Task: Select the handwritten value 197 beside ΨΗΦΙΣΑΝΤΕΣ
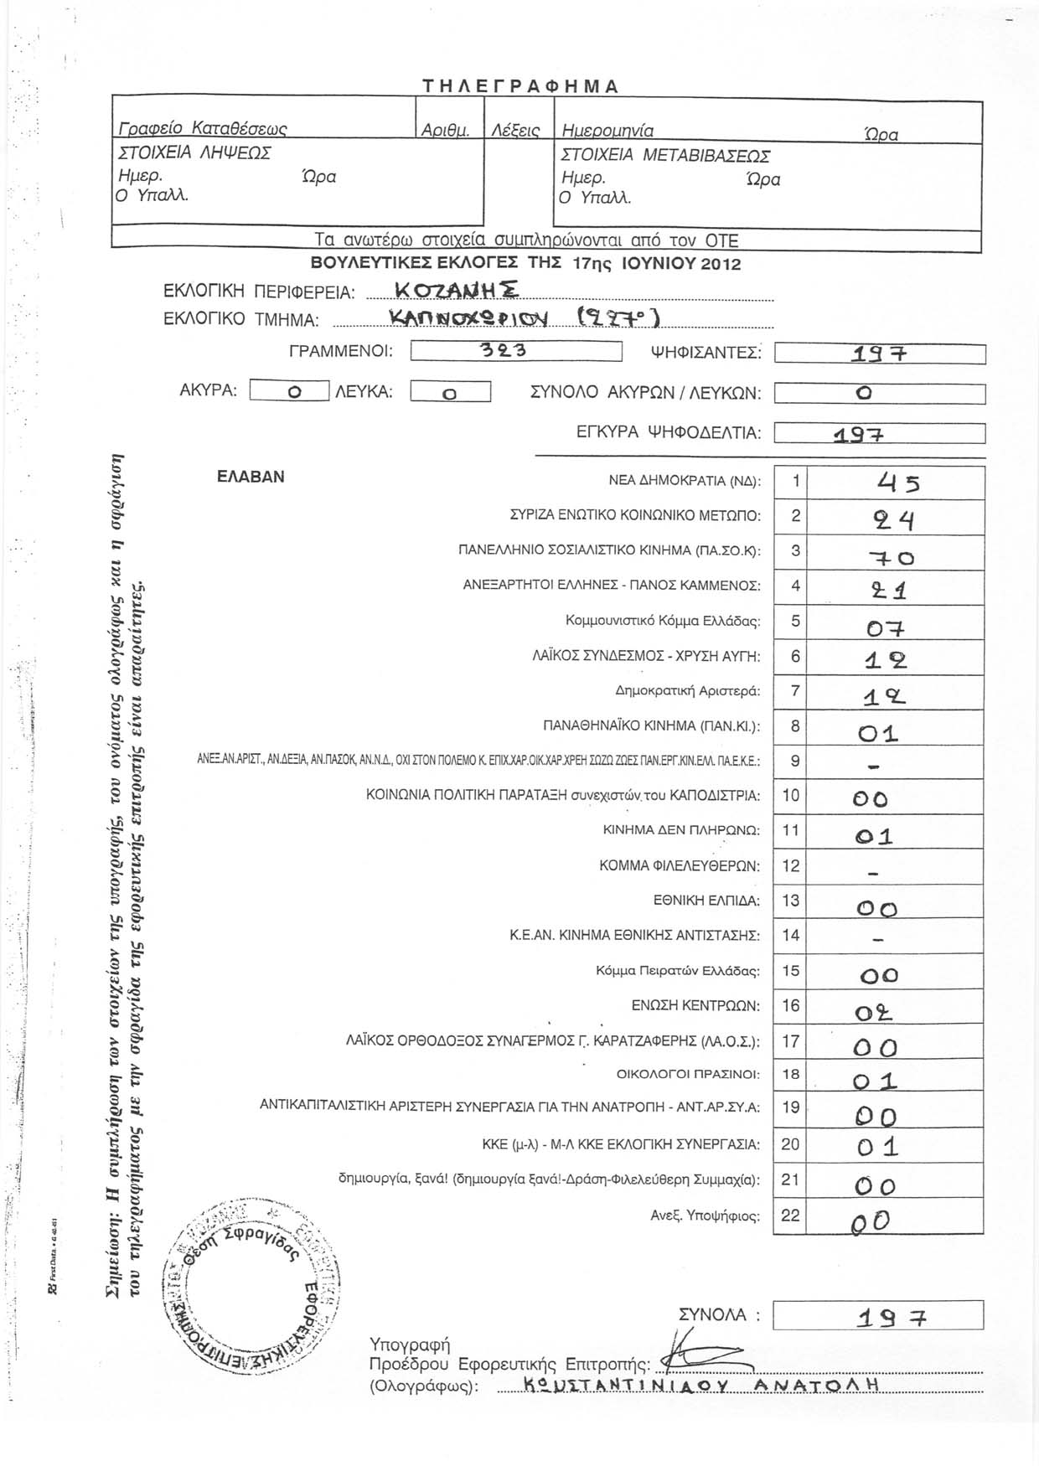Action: (879, 354)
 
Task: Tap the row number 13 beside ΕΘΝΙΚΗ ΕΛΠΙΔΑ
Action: (790, 901)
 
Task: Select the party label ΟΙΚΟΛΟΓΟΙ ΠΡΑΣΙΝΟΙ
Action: (688, 1074)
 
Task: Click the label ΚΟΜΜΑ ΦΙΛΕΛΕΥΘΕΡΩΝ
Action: (680, 865)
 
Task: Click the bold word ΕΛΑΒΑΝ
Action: (251, 477)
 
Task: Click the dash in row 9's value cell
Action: (874, 766)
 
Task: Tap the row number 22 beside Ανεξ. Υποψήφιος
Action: (790, 1215)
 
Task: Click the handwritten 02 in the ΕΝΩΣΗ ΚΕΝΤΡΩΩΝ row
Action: (873, 1014)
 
